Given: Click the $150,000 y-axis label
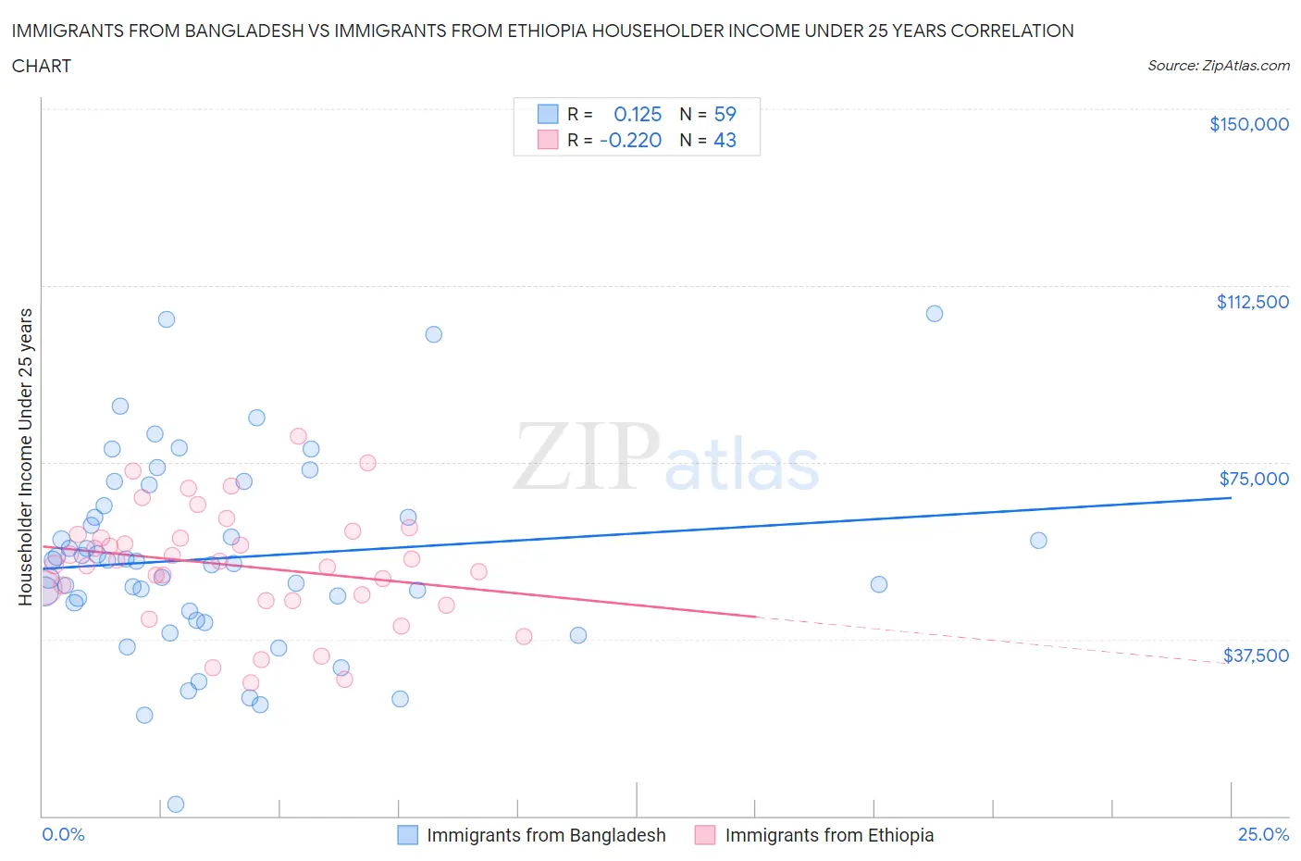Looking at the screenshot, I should click(x=1248, y=124).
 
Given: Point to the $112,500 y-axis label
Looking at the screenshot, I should click(x=1252, y=302).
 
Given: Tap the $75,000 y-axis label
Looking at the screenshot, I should click(x=1253, y=479).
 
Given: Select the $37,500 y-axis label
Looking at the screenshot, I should click(x=1255, y=655).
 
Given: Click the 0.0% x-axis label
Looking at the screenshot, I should click(x=63, y=834).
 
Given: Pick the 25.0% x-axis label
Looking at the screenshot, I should click(x=1263, y=834).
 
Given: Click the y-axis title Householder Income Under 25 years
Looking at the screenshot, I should click(x=25, y=456).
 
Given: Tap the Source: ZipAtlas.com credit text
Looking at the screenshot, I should click(x=1218, y=66).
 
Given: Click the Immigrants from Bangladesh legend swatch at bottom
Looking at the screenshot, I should click(x=407, y=835).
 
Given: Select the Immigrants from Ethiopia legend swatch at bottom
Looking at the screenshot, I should click(x=705, y=835).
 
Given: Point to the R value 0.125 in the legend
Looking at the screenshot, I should click(x=638, y=114).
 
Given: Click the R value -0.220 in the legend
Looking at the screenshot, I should click(x=630, y=140).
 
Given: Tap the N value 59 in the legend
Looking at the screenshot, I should click(x=725, y=114).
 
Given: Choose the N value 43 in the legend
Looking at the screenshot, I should click(x=725, y=140).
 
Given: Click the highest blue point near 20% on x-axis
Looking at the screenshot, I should click(x=935, y=314).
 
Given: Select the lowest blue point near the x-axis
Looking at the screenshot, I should click(x=176, y=804).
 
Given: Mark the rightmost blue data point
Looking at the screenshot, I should click(x=1038, y=541).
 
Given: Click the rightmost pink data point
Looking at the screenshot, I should click(x=524, y=636).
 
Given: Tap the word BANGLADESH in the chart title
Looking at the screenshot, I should click(x=242, y=31).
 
